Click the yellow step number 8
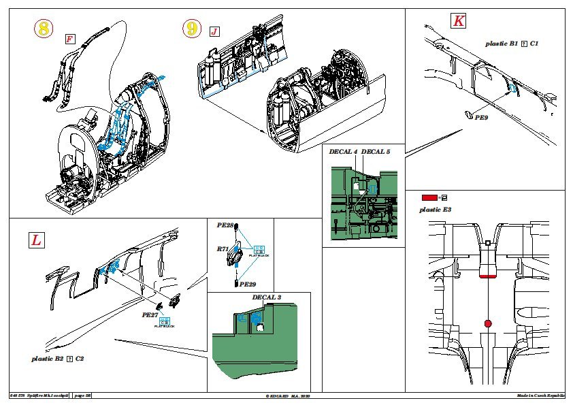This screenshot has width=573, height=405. [x=44, y=29]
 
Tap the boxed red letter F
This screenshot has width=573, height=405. [x=69, y=39]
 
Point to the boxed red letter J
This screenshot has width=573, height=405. [x=215, y=32]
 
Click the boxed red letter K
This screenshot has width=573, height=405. [x=459, y=21]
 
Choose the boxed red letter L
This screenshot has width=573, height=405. [x=35, y=240]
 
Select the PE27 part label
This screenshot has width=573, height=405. [x=150, y=315]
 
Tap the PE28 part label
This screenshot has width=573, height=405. [x=225, y=225]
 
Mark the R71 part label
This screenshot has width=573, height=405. [x=223, y=250]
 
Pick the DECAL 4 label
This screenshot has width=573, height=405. [x=343, y=150]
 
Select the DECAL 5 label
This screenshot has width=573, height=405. [x=377, y=150]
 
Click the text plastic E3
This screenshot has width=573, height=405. [x=436, y=210]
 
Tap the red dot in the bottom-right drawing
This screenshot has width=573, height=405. [x=488, y=323]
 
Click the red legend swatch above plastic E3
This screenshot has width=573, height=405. [x=430, y=197]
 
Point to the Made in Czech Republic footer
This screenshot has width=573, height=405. [x=540, y=395]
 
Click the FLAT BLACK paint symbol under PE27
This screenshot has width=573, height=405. [x=164, y=321]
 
